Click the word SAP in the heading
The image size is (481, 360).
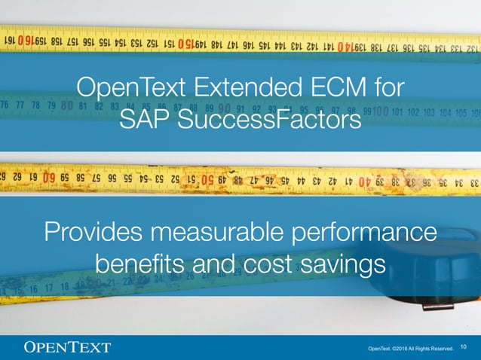pos(146,120)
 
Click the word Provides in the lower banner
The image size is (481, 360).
pos(95,232)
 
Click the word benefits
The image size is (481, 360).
pos(141,264)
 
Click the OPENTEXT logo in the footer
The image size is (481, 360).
pos(68,347)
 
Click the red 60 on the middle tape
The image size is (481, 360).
pos(49,179)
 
